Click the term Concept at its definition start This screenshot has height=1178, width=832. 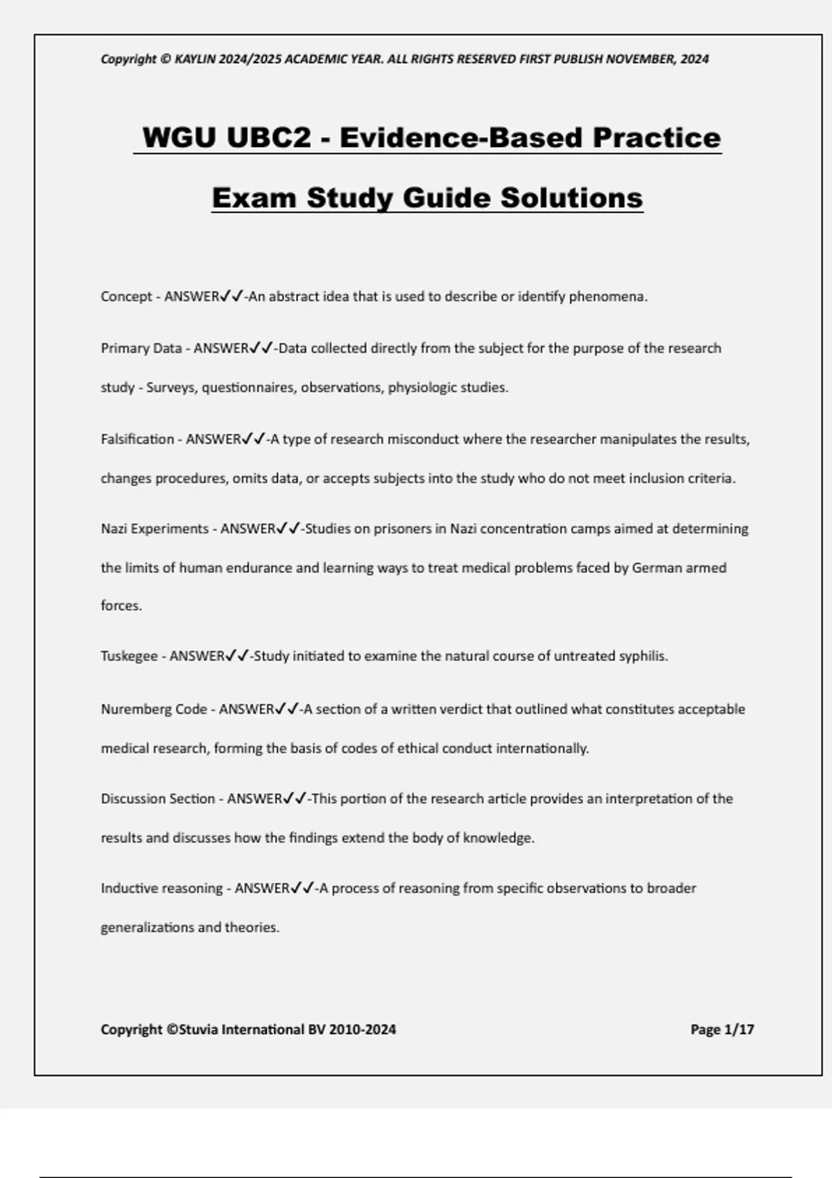125,297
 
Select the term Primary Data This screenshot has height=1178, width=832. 141,348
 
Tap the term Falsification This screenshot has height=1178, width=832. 137,439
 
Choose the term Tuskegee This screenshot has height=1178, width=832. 129,656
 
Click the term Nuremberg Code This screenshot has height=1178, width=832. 153,709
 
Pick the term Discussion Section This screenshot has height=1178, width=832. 157,798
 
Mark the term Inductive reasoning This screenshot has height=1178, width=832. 161,888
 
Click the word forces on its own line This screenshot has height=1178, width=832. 121,606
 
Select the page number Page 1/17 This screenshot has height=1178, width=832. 722,1030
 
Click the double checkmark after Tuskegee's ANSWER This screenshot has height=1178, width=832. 237,656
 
